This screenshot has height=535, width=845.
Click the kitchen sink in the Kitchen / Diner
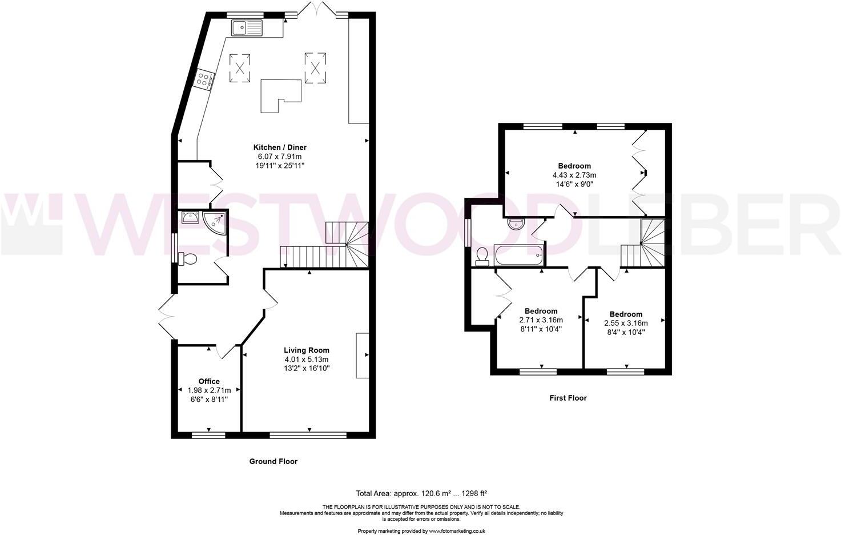coord(247,27)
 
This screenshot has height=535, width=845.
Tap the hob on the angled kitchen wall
coord(204,79)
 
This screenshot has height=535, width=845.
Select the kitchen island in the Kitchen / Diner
coord(280,95)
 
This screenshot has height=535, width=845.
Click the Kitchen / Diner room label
coord(280,147)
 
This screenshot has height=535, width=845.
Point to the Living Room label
coord(307,350)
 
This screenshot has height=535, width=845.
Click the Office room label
coord(209,381)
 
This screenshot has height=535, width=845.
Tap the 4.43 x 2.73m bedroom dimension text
coord(574,175)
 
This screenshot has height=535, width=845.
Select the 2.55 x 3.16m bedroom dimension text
coord(626,323)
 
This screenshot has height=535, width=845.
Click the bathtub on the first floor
coord(518,254)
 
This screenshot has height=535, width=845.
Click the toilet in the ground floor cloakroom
coord(188,259)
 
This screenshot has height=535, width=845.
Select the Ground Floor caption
coord(273,461)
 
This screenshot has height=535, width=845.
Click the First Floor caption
coord(568,398)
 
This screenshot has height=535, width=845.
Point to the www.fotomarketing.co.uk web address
coord(457,531)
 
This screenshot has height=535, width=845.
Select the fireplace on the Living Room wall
coord(362,355)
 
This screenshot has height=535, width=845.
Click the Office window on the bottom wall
coord(208,435)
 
